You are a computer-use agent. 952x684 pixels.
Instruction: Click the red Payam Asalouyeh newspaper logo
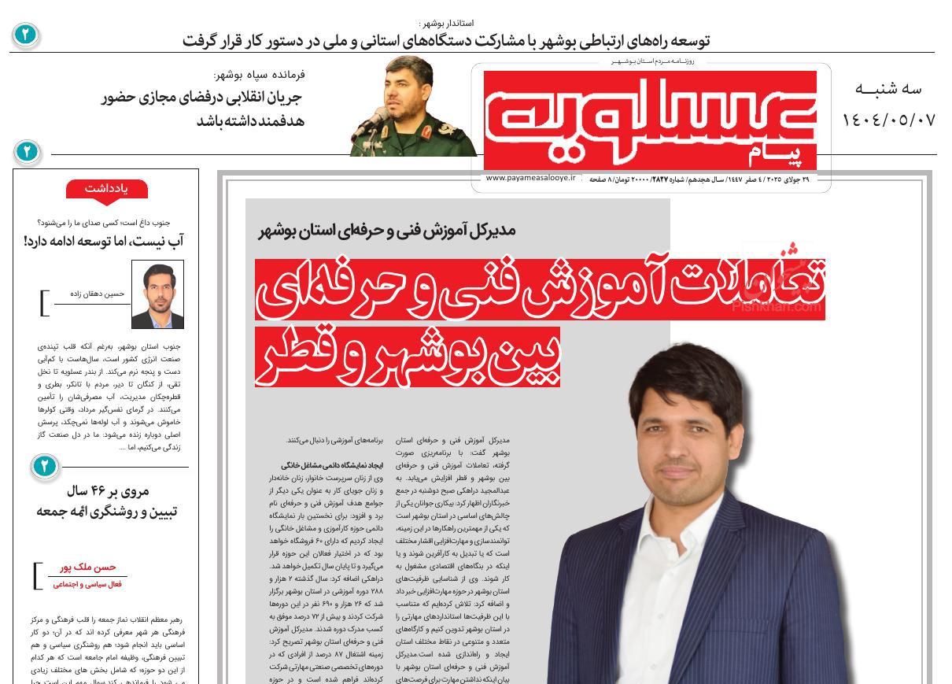[650, 118]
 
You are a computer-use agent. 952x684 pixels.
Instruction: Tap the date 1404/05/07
[888, 120]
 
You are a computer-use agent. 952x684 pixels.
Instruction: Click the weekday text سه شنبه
[887, 89]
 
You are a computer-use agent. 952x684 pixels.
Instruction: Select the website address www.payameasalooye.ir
[531, 179]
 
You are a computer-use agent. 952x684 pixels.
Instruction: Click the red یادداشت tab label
[106, 188]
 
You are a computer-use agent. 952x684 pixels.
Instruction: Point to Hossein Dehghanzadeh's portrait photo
[157, 294]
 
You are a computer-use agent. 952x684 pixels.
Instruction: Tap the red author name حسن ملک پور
[88, 568]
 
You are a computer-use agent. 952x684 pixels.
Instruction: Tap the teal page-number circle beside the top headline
[25, 35]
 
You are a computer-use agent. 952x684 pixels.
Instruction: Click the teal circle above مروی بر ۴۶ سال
[44, 467]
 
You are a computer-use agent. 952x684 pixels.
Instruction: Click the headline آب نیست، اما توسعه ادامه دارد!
[104, 241]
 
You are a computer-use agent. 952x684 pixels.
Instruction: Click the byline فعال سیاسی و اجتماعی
[87, 584]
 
